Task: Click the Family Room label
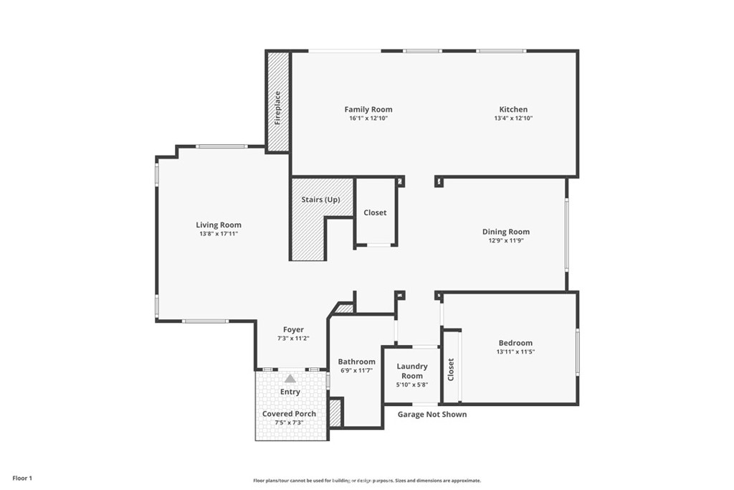tap(368, 110)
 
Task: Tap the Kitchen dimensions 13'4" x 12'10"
tap(513, 118)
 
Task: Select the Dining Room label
tap(505, 232)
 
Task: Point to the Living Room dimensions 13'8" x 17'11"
tap(219, 234)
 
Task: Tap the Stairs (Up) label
tap(320, 199)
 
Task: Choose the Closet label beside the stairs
tap(375, 212)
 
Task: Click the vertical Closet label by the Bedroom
tap(451, 369)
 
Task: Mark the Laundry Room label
tap(412, 371)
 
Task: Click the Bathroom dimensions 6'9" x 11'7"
tap(356, 371)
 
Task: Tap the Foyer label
tap(292, 330)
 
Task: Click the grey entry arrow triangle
tap(290, 378)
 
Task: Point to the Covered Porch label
tap(290, 414)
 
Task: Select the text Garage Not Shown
tap(432, 414)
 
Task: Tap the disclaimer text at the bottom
tap(366, 481)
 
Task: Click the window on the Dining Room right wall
tap(566, 235)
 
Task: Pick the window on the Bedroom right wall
tap(577, 352)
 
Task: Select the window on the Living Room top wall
tap(222, 146)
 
